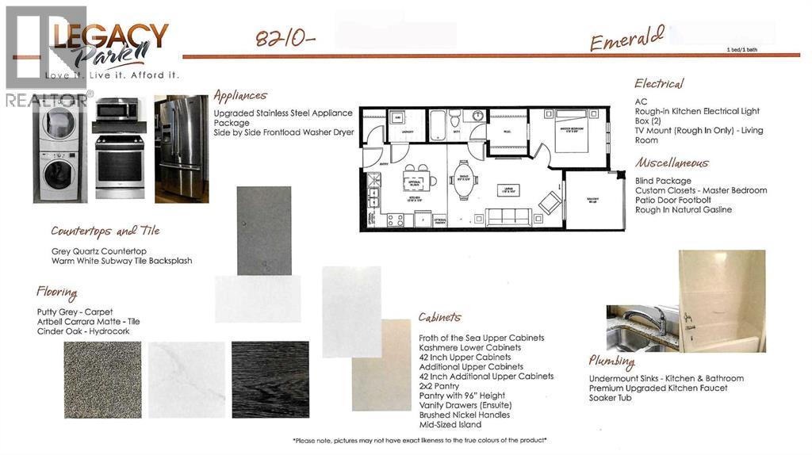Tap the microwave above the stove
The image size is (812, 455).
click(118, 109)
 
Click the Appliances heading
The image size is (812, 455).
click(240, 96)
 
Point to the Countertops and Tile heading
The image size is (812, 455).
click(105, 231)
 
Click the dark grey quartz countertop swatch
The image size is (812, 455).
click(264, 231)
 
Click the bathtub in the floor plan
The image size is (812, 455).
click(438, 124)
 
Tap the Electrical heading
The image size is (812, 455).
click(659, 83)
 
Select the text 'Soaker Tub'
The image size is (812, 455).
click(610, 397)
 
